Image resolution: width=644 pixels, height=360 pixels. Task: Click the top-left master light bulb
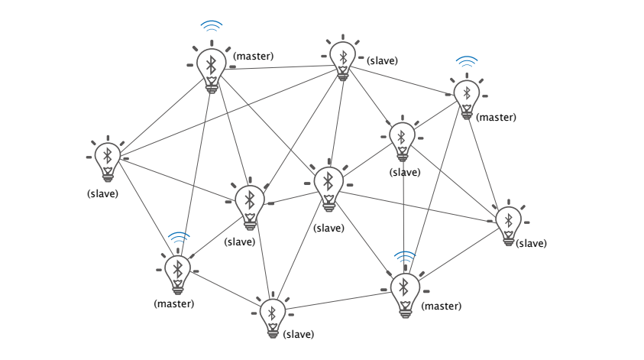coord(212,66)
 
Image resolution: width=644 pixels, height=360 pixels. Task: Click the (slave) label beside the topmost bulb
coord(383,60)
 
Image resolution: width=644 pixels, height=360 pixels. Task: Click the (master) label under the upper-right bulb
coord(496,118)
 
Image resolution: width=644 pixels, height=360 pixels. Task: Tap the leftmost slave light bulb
coord(108,159)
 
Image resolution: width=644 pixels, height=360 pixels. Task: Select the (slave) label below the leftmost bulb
coord(102,193)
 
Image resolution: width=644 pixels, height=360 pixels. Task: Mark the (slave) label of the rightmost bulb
coord(531,243)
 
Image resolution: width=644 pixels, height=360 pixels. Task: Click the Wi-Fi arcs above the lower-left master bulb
coord(179,236)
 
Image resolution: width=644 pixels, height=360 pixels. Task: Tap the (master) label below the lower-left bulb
coord(174,303)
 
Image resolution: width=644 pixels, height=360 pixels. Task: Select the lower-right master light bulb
coord(404,289)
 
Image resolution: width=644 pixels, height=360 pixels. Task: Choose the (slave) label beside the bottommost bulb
coord(298,334)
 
